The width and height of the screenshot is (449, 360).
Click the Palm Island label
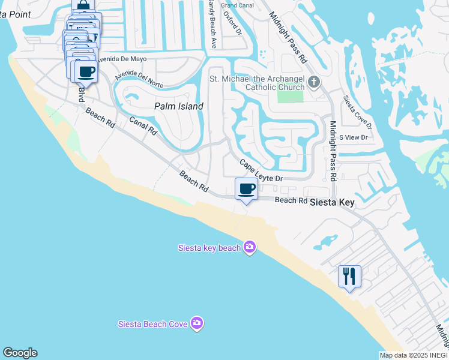(178, 106)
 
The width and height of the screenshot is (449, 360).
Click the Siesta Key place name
(332, 203)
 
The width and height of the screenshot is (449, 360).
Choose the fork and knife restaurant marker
(349, 277)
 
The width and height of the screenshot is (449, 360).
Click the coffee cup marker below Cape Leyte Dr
(246, 189)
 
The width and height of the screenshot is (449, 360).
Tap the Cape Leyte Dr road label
(261, 171)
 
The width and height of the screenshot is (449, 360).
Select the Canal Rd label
(143, 125)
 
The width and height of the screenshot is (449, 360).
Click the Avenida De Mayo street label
(122, 59)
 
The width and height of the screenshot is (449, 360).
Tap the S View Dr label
(353, 137)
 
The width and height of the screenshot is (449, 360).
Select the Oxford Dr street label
(232, 22)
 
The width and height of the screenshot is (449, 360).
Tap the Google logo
(20, 353)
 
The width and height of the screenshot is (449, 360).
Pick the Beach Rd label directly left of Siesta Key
(291, 200)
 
